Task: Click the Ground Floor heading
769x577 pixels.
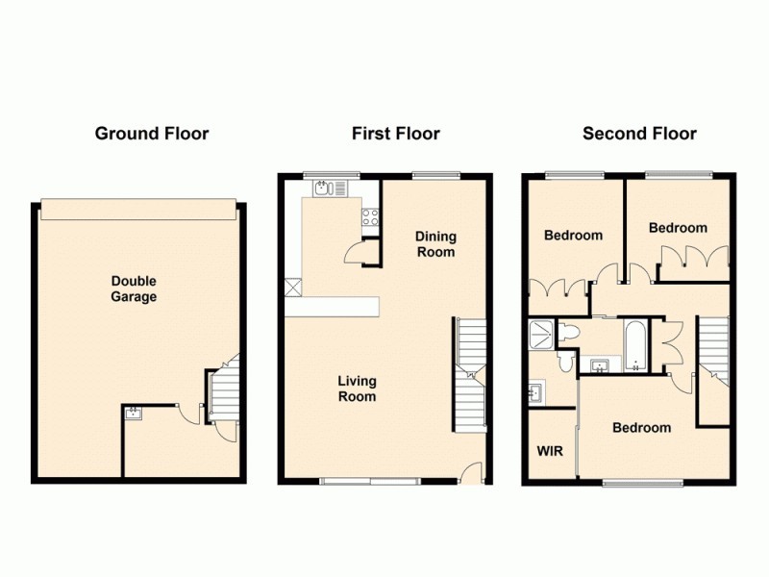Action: click(151, 134)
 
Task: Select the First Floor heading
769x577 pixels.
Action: click(396, 134)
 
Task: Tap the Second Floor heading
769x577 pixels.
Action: click(639, 134)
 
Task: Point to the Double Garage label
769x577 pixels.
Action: click(134, 288)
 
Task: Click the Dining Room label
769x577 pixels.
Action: click(435, 244)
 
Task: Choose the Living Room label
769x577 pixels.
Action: click(357, 389)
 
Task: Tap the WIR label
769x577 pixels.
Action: click(549, 450)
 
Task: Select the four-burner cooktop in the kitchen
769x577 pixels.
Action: click(369, 218)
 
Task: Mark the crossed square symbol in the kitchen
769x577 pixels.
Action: click(293, 287)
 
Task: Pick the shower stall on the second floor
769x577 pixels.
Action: click(541, 336)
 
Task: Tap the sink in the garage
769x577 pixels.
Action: click(134, 414)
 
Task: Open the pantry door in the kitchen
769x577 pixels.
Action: click(358, 252)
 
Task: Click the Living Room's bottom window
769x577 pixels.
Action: click(370, 479)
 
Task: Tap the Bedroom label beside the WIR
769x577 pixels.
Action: click(642, 427)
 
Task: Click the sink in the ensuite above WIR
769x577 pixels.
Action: click(534, 392)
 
